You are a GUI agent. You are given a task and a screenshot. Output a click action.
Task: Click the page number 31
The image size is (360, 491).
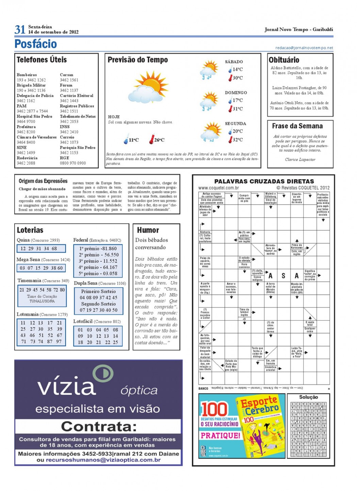pyautogui.click(x=20, y=29)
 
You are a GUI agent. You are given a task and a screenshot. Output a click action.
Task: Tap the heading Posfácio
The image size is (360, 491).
pyautogui.click(x=35, y=44)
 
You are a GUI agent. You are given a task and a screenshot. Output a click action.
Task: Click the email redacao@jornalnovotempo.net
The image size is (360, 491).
pyautogui.click(x=304, y=48)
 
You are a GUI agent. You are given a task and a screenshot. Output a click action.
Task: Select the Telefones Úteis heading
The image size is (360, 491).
pyautogui.click(x=42, y=60)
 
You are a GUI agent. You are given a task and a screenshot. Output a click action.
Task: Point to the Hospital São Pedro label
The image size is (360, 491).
pyautogui.click(x=34, y=116)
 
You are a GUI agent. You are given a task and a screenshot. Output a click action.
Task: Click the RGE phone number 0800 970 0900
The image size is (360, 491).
pyautogui.click(x=73, y=163)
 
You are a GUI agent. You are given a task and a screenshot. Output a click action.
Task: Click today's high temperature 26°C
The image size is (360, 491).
pyautogui.click(x=159, y=140)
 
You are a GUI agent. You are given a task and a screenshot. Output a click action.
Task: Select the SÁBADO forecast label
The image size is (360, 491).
pyautogui.click(x=234, y=62)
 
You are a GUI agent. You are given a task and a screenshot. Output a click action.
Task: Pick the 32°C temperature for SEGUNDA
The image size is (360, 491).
pyautogui.click(x=238, y=140)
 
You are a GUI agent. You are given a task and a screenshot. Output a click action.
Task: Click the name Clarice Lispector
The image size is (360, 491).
pyautogui.click(x=300, y=160)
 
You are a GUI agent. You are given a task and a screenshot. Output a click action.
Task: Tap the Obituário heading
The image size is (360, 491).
pyautogui.click(x=284, y=60)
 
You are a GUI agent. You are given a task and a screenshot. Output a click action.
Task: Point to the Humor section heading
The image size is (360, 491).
pyautogui.click(x=148, y=230)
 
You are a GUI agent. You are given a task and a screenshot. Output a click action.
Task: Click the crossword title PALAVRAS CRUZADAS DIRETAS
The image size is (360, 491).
pyautogui.click(x=264, y=181)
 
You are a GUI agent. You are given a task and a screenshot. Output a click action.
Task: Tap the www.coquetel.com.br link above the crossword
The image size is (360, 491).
pyautogui.click(x=218, y=188)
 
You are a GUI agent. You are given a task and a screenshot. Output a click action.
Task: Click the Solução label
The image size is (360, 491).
pyautogui.click(x=308, y=397)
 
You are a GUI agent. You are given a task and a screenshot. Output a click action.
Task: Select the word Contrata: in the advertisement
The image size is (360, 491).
pyautogui.click(x=99, y=426)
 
